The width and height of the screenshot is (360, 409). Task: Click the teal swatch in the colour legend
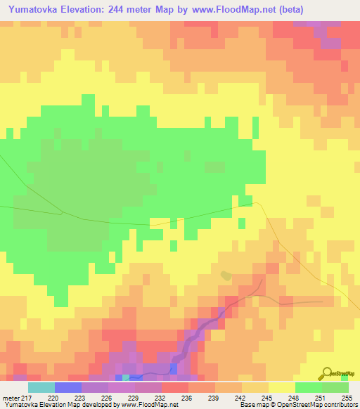(41, 387)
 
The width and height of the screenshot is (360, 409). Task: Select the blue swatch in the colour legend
(68, 387)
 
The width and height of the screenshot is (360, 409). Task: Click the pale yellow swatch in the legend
(281, 387)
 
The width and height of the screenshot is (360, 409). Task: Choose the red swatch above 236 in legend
(174, 387)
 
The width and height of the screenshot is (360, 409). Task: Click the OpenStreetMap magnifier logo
(326, 372)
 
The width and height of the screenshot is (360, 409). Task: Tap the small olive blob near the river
(225, 275)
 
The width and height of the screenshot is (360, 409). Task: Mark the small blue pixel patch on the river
(172, 368)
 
